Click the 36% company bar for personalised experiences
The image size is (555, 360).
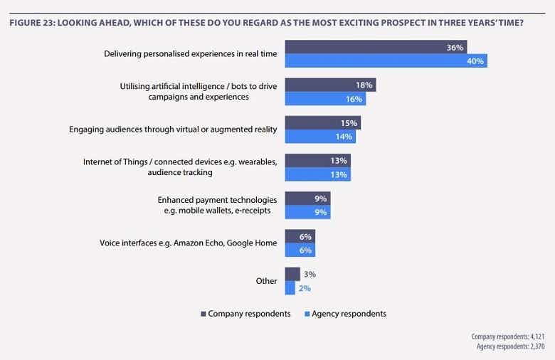pos(376,48)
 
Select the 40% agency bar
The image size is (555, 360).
pos(386,61)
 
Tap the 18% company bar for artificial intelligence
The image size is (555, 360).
pos(330,85)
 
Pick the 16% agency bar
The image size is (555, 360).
pos(325,99)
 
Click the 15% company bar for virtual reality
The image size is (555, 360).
pos(322,122)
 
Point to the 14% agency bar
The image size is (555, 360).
pos(320,137)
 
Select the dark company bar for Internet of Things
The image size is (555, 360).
pos(317,160)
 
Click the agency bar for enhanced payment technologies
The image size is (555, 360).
pos(307,212)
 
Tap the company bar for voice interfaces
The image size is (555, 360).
pos(300,236)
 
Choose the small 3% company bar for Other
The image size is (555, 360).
pos(292,274)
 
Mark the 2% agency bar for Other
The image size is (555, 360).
pos(290,288)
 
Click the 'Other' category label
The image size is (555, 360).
pos(266,281)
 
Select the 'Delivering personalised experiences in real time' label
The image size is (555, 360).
pos(190,54)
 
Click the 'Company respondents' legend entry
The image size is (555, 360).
pos(245,314)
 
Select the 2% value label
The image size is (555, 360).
pos(305,288)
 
